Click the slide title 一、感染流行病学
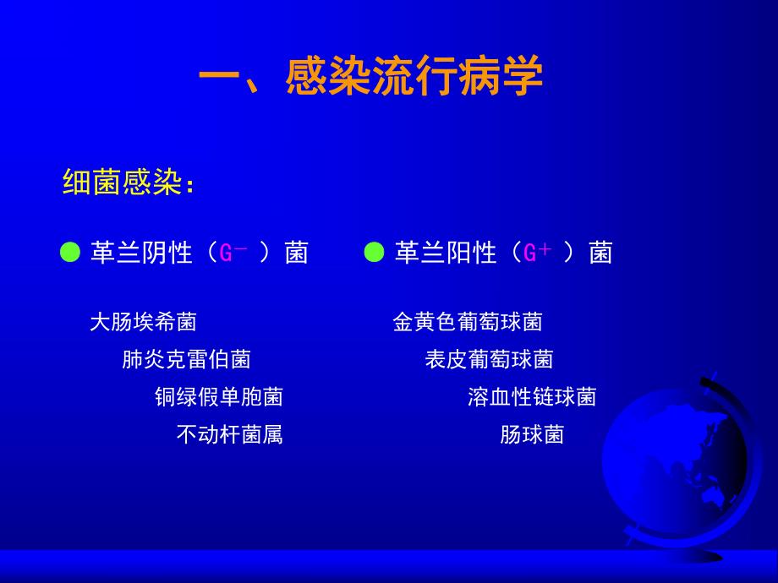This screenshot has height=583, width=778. [370, 79]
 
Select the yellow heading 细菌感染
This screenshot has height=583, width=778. [123, 183]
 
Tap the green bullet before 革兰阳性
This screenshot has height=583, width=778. [374, 253]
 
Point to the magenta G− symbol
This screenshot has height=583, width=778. [233, 252]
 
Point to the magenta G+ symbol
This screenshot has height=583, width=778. [537, 252]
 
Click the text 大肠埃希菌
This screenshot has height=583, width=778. [143, 322]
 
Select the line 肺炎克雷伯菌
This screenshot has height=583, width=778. [186, 360]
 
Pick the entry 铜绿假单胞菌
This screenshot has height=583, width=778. [218, 397]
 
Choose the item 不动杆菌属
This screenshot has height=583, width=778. [229, 434]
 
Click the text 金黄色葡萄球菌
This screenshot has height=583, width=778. [468, 322]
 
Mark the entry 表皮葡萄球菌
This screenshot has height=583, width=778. [489, 360]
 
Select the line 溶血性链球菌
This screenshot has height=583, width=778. [532, 397]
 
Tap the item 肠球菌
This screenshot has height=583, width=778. [532, 434]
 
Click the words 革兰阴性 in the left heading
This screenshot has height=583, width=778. [141, 253]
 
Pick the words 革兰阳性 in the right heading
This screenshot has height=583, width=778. [446, 253]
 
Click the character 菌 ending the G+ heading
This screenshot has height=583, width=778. [600, 253]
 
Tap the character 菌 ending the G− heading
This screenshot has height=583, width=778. [296, 253]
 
